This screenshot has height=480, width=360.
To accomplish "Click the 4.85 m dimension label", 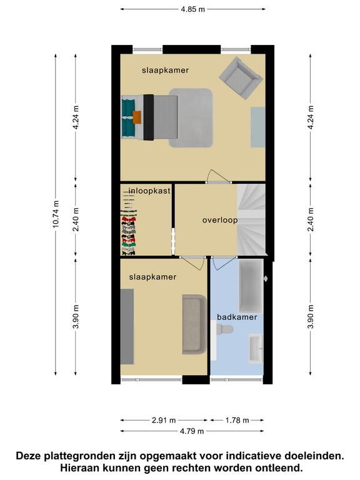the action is (x=192, y=9).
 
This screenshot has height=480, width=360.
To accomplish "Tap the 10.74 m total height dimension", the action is (x=56, y=214).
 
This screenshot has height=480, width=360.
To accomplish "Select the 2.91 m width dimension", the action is (x=164, y=420).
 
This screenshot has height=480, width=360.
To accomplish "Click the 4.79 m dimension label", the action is (x=192, y=431).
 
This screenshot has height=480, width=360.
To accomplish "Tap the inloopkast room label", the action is (x=149, y=191).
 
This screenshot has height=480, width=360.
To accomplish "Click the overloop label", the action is (x=220, y=220).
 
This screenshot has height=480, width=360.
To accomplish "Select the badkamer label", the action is (x=237, y=317).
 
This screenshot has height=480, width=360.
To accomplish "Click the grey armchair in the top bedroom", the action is (x=241, y=78).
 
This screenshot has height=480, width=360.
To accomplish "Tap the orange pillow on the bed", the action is (x=137, y=117).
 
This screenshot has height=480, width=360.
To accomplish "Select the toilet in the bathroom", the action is (x=224, y=329).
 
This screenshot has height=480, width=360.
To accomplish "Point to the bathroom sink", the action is (x=256, y=349).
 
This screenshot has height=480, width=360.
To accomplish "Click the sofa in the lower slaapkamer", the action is (x=195, y=324).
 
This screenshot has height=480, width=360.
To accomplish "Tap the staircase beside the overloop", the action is (x=251, y=219).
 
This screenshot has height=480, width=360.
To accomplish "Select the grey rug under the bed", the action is (x=191, y=118).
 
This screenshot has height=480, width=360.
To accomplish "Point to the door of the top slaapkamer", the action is (x=219, y=177).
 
